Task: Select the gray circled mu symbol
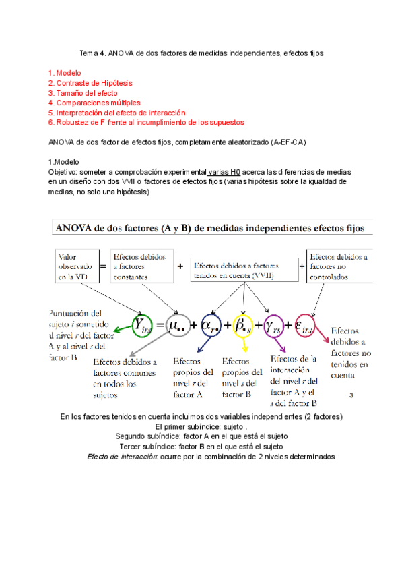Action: (182, 325)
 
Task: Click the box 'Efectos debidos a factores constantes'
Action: (142, 266)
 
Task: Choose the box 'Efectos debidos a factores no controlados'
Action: (337, 266)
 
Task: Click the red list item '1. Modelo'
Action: (64, 72)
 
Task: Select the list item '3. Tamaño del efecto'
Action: (83, 92)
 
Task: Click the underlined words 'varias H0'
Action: (225, 172)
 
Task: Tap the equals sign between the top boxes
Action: (103, 266)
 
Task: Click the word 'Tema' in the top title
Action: (90, 52)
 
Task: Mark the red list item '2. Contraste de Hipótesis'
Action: (90, 82)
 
